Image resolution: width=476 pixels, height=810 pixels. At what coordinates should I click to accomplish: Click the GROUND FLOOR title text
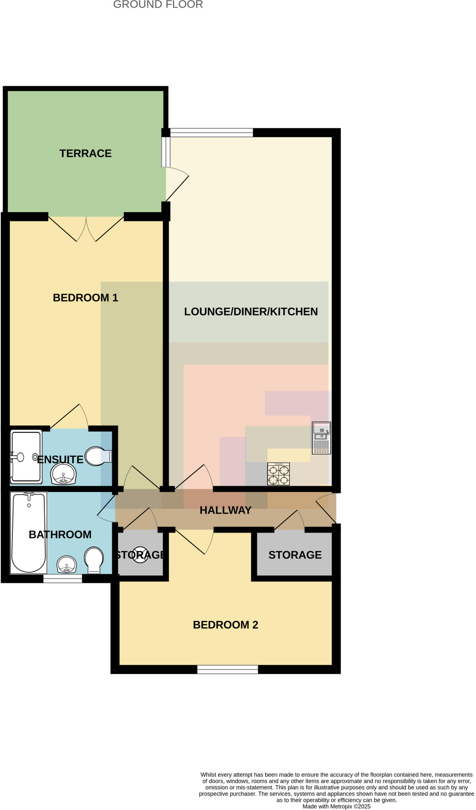(x=158, y=5)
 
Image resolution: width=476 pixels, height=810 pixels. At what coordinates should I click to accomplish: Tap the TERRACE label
(x=85, y=153)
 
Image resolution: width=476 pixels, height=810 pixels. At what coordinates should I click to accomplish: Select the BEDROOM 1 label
(x=85, y=298)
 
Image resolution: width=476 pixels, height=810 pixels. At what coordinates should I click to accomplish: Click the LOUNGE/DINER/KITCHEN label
(x=251, y=312)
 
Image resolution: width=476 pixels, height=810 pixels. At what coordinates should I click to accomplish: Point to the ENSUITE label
(x=60, y=460)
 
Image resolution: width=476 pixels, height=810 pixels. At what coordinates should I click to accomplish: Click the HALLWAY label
(x=226, y=510)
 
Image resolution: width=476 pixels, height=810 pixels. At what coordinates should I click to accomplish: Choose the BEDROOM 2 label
(x=226, y=625)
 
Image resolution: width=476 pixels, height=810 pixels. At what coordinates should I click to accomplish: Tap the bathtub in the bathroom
(x=28, y=532)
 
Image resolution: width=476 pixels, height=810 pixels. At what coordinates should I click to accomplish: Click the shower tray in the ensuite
(x=26, y=457)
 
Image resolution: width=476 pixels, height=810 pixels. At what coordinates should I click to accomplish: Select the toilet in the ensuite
(x=97, y=456)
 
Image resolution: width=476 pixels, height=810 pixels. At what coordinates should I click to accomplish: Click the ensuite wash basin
(x=63, y=474)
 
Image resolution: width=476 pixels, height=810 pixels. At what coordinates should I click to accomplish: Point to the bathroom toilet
(x=94, y=560)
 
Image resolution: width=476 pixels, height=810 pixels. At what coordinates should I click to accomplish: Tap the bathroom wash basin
(x=66, y=564)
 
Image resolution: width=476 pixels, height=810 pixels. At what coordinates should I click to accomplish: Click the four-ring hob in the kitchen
(x=279, y=474)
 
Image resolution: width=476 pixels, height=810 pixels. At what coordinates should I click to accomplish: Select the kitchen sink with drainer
(x=321, y=438)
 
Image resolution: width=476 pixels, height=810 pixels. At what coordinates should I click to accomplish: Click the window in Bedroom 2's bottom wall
(x=228, y=670)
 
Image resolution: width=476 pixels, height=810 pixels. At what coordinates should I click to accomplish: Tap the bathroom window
(x=63, y=579)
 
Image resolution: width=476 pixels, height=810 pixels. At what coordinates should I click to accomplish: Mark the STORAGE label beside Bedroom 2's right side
(x=295, y=555)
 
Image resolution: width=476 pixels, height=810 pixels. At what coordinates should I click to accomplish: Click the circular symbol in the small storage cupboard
(x=140, y=554)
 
